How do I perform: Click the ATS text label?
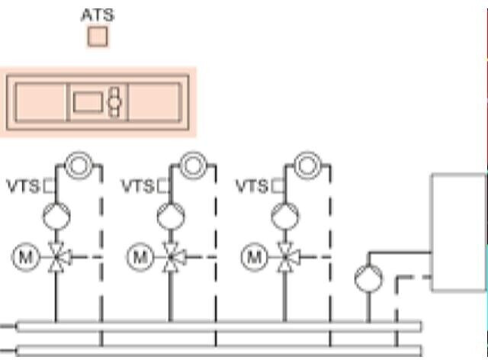(x=97, y=14)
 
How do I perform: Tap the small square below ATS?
(x=98, y=37)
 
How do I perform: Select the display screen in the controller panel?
(x=88, y=100)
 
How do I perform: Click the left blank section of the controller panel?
(x=40, y=101)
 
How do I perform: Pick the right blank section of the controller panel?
(x=155, y=101)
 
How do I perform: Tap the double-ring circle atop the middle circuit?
(x=191, y=165)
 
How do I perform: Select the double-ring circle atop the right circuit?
(x=307, y=165)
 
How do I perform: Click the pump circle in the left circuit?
(x=56, y=217)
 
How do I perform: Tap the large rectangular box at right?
(x=458, y=232)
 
